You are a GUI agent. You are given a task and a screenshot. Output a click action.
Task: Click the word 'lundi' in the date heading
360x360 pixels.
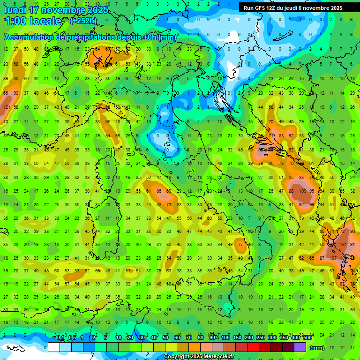[x=15, y=10]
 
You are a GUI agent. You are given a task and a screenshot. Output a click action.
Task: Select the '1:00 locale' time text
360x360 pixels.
[x=33, y=21]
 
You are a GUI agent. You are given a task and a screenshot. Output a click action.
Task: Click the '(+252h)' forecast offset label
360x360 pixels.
[x=84, y=21]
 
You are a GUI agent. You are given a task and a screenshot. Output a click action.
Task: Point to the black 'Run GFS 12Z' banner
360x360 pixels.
[x=299, y=8]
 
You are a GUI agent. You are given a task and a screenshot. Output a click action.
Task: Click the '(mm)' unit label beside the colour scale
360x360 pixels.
[x=317, y=347]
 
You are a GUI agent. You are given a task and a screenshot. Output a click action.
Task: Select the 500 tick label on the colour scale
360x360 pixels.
[x=307, y=338]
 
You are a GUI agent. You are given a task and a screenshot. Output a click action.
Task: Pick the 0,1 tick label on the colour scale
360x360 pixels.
[x=60, y=338]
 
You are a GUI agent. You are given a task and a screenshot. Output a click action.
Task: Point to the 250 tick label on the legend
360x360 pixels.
[x=260, y=338]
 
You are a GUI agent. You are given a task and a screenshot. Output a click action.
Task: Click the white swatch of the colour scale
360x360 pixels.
[x=54, y=347]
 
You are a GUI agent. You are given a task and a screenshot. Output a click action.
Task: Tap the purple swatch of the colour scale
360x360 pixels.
[x=300, y=347]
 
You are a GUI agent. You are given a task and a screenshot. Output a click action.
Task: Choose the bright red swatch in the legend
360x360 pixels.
[x=253, y=347]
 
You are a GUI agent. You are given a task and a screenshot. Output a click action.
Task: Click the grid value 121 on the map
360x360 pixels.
[x=7, y=107]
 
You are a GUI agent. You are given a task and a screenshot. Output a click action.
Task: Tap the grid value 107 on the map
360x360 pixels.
[x=333, y=258]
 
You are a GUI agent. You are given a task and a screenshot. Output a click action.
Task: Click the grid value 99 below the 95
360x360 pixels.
[x=313, y=204]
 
